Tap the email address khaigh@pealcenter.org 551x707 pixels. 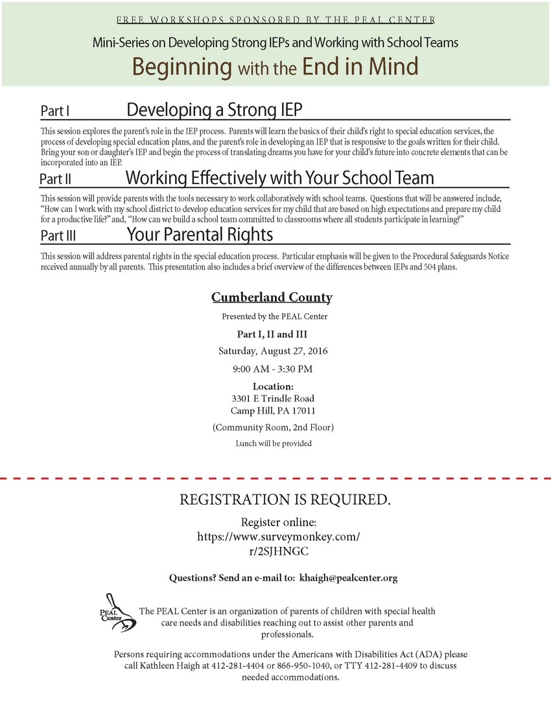[x=348, y=577]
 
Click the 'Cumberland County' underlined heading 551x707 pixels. [x=272, y=297]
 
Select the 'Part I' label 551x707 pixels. [x=55, y=111]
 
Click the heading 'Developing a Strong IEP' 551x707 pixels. [x=215, y=110]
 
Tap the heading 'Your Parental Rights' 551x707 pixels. [x=200, y=234]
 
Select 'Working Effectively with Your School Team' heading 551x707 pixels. [x=279, y=178]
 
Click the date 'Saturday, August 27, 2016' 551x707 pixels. [x=273, y=351]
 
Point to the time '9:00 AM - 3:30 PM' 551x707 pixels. [x=273, y=369]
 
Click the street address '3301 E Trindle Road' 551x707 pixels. [x=273, y=399]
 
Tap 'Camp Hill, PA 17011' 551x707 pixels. [x=273, y=410]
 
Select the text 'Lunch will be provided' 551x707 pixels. [x=273, y=444]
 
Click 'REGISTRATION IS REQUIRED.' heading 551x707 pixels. [x=285, y=500]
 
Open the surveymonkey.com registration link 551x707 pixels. [x=278, y=537]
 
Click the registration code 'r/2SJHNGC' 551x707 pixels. [x=278, y=551]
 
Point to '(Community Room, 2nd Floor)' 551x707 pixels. [x=273, y=428]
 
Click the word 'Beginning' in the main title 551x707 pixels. [x=182, y=67]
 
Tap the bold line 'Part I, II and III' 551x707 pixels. [x=272, y=334]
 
